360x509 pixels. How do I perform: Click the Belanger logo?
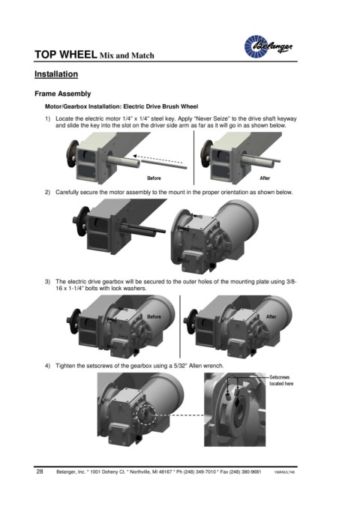[x=268, y=46]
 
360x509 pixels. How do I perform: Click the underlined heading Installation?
[x=56, y=74]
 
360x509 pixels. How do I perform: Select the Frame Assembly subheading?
[x=63, y=94]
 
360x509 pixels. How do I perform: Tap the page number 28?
[x=40, y=472]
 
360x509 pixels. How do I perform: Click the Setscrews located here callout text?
[x=281, y=380]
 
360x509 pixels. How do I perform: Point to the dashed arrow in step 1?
[x=159, y=159]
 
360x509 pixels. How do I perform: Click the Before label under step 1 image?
[x=154, y=178]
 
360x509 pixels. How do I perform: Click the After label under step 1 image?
[x=265, y=178]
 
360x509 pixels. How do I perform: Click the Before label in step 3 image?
[x=154, y=316]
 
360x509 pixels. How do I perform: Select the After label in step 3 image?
[x=271, y=316]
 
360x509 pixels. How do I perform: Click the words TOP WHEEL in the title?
[x=66, y=55]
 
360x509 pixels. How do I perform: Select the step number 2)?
[x=47, y=192]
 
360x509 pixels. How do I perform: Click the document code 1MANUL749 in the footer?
[x=284, y=472]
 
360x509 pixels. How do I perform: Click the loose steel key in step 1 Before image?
[x=165, y=164]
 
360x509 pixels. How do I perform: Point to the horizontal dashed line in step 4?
[x=180, y=415]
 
